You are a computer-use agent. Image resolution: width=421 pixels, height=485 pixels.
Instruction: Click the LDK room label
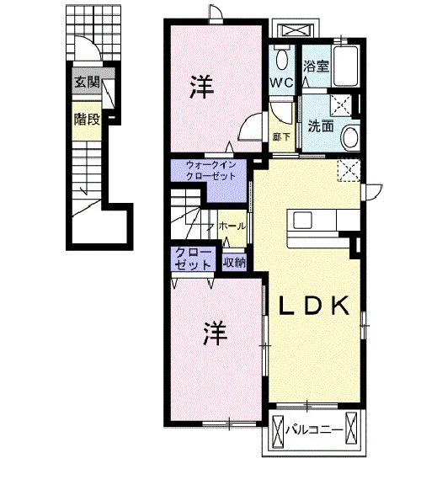(314, 306)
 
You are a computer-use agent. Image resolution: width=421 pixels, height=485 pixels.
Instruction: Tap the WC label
(281, 83)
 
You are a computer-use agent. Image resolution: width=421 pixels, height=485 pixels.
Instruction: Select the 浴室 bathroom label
(316, 66)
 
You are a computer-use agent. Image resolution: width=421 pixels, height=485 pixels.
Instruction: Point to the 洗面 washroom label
(321, 126)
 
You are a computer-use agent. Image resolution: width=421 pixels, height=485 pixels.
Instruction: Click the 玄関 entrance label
(87, 82)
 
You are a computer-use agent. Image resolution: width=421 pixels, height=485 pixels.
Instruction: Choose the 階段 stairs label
(87, 120)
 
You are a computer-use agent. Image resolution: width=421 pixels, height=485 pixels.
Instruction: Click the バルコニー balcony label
(314, 430)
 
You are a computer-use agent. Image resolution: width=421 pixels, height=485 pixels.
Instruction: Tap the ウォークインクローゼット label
(211, 170)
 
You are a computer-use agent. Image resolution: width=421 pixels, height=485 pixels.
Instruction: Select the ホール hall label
(232, 227)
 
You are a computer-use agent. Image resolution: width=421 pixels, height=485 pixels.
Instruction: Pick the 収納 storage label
(235, 263)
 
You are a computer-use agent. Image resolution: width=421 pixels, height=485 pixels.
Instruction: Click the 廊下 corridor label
(281, 136)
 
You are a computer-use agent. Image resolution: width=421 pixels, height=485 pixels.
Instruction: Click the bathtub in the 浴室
(346, 66)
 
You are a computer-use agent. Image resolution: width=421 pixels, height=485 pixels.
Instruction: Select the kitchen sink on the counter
(302, 221)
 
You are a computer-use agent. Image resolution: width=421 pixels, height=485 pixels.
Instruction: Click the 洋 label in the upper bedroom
(202, 87)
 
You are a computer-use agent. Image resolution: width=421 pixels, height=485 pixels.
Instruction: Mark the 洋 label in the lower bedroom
(215, 333)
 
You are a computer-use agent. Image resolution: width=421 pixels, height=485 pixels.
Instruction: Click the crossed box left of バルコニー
(278, 430)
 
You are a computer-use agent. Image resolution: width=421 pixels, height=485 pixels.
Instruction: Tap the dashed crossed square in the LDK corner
(349, 170)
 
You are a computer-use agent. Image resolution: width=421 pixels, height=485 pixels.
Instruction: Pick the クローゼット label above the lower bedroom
(194, 259)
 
